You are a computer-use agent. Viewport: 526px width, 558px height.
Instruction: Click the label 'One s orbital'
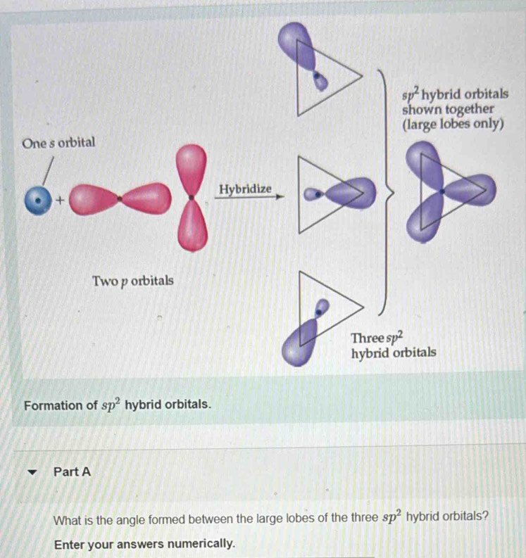58,143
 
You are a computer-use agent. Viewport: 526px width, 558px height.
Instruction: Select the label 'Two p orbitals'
132,281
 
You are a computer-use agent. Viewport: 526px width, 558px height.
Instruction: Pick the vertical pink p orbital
192,197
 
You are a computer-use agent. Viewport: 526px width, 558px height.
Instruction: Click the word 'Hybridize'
244,189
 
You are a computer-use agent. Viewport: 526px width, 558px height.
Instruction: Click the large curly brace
386,190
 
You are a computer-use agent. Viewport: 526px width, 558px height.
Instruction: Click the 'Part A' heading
72,472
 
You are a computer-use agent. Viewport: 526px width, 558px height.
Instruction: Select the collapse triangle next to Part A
30,472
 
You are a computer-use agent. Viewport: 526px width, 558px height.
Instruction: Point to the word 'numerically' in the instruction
200,544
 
